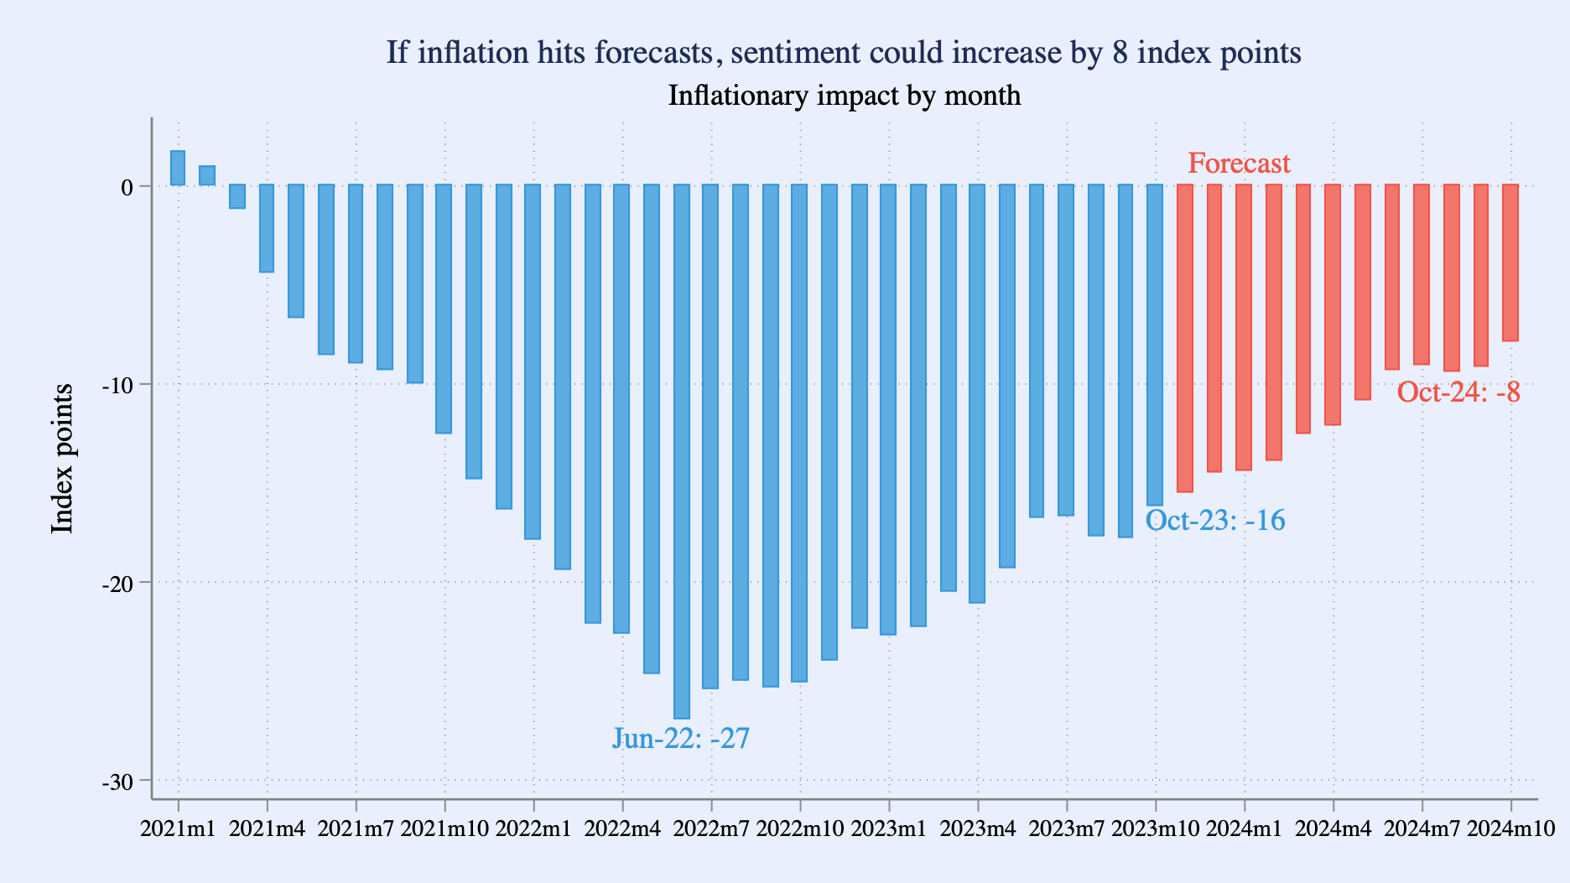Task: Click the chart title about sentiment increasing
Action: [x=843, y=53]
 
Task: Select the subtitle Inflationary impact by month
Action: [x=844, y=96]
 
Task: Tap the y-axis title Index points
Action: [x=62, y=458]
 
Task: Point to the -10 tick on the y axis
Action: [x=117, y=385]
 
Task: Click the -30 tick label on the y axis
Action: [x=117, y=782]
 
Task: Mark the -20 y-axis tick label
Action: [x=117, y=584]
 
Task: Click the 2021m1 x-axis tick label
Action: [x=178, y=828]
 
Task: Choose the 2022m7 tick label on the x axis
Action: [x=711, y=828]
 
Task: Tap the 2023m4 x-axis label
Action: [x=978, y=828]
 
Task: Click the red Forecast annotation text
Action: [x=1239, y=163]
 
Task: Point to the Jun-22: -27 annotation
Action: [x=680, y=738]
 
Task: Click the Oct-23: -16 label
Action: [x=1214, y=520]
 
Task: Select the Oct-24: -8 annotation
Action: [x=1458, y=392]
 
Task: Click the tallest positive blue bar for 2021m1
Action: [x=178, y=168]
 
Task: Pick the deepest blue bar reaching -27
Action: [x=682, y=453]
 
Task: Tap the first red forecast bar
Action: [x=1184, y=335]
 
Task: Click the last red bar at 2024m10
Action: [x=1510, y=262]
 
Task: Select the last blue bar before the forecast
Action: [x=1155, y=344]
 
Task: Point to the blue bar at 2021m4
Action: [x=267, y=228]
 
